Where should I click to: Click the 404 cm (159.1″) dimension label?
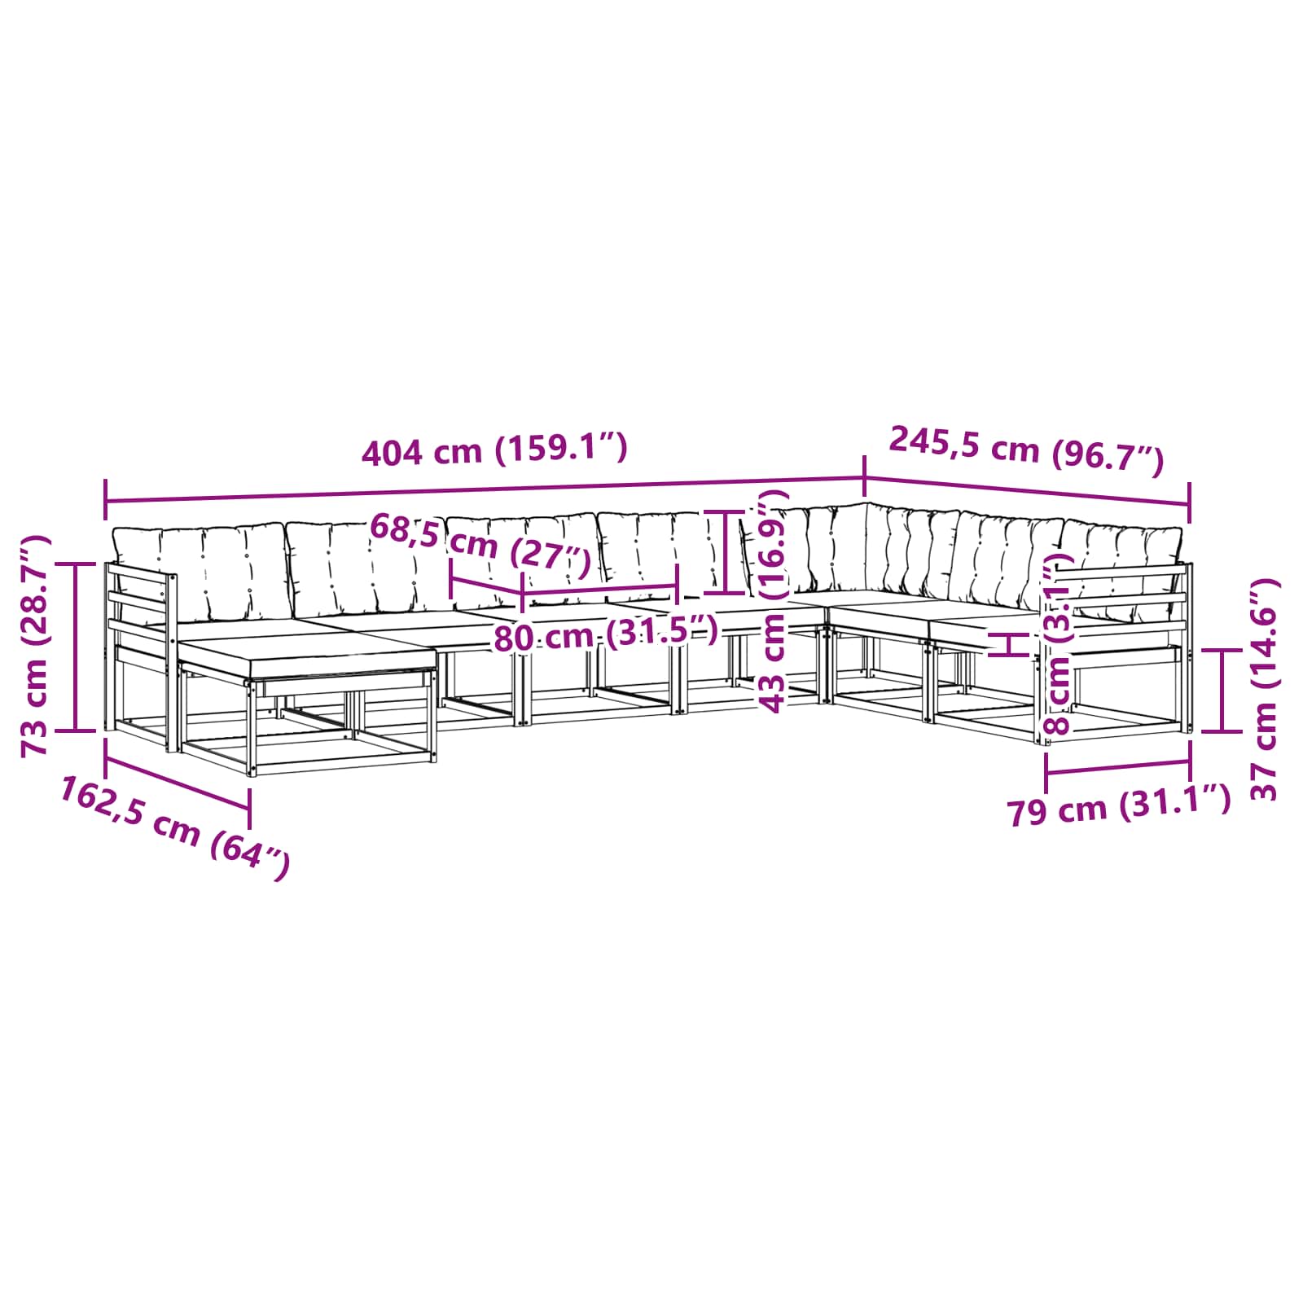pos(494,450)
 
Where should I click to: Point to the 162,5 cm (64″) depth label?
pos(174,827)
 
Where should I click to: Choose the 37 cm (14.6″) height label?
pos(1263,690)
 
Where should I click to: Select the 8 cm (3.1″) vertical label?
pos(1058,643)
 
